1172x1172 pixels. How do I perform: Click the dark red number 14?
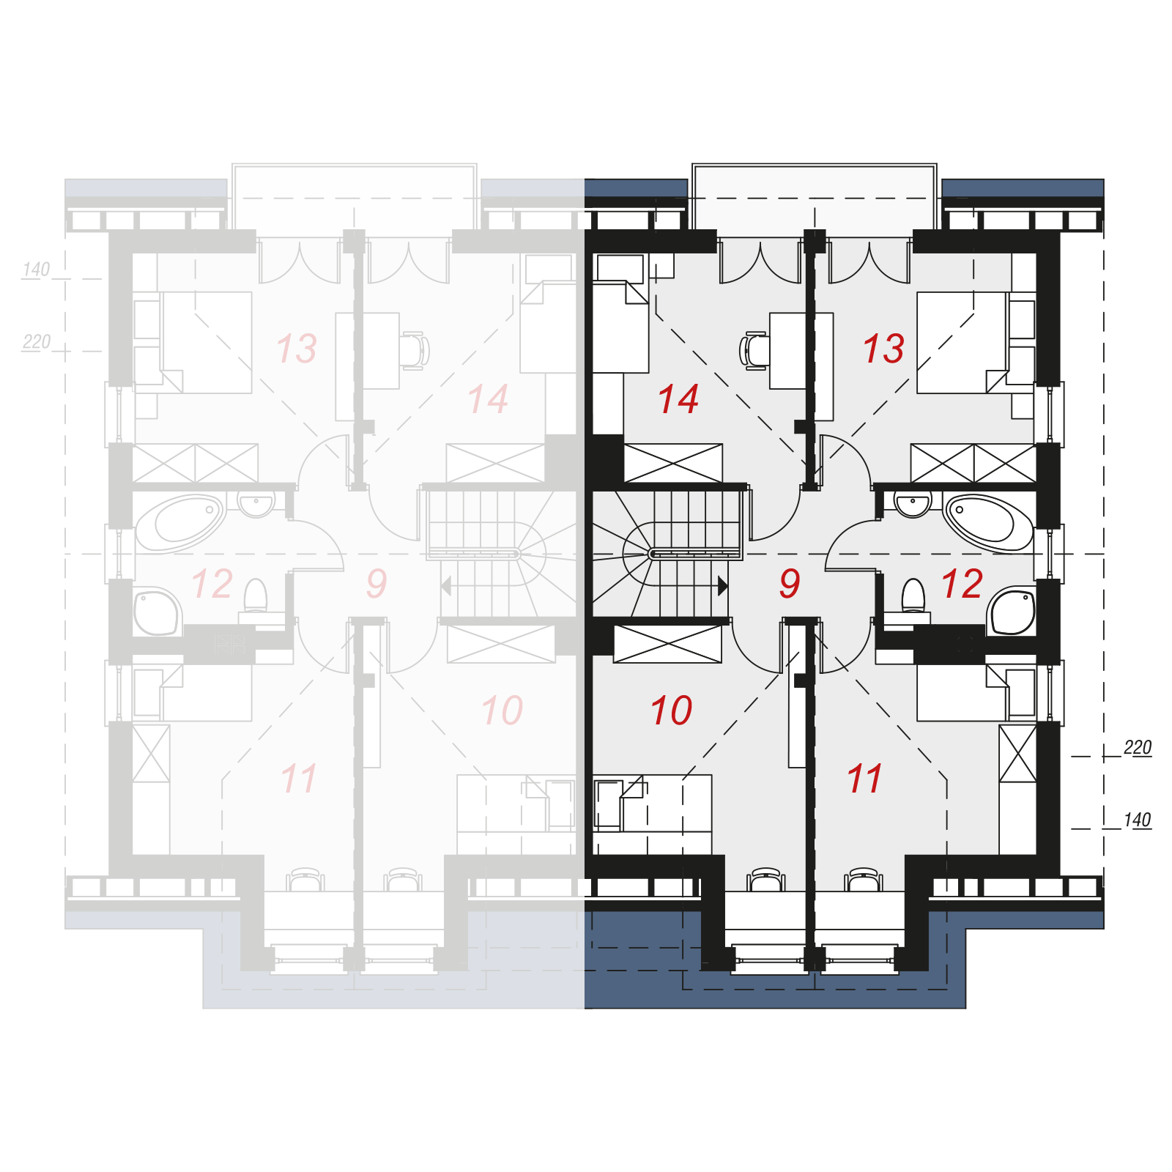678,399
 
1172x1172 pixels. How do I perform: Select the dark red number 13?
883,348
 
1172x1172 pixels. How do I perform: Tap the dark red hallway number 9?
790,583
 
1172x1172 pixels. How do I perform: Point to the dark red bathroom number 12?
962,584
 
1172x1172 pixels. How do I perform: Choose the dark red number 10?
671,711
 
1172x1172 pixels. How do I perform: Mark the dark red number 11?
864,778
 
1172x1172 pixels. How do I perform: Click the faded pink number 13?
297,348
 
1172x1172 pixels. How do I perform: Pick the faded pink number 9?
377,583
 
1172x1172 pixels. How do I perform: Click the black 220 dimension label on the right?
1138,747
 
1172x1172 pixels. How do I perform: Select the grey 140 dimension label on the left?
36,270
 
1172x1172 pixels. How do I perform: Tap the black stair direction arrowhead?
723,586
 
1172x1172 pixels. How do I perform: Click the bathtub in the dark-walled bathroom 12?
988,522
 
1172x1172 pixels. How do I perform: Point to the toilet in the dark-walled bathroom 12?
913,597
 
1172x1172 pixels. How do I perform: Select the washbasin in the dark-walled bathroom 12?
913,505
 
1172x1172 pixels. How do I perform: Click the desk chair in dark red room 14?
754,349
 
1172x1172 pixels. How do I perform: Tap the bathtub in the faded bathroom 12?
180,523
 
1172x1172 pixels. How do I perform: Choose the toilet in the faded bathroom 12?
255,597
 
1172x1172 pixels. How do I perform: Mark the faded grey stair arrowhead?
445,586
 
